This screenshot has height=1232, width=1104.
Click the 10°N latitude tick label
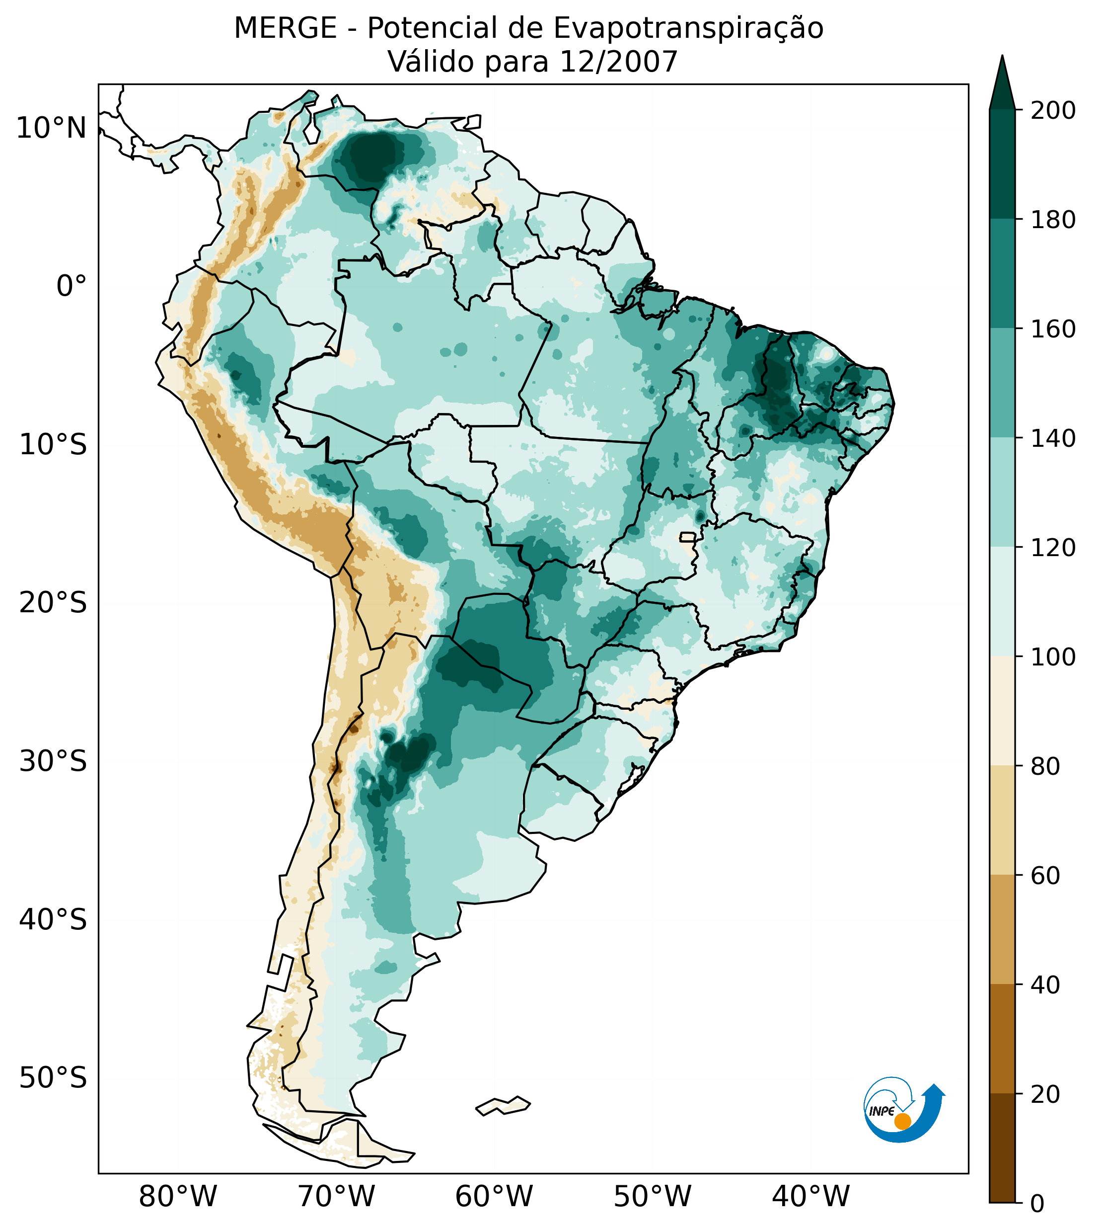51,129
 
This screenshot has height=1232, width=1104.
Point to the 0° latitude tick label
72,286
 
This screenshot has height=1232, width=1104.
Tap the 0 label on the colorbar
1038,1204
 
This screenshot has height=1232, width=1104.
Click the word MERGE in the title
285,28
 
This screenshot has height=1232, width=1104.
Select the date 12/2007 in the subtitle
618,62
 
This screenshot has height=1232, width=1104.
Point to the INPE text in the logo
882,1111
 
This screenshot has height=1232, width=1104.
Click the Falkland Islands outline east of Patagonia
504,1105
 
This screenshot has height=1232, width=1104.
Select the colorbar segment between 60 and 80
1002,820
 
